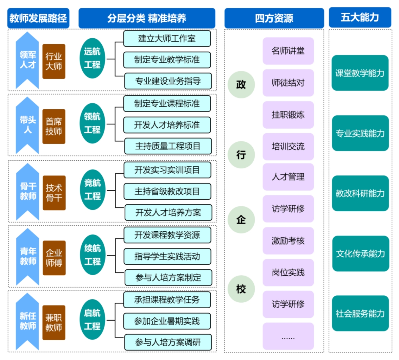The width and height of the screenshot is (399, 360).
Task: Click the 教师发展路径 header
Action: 38,18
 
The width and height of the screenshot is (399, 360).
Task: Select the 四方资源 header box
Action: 274,18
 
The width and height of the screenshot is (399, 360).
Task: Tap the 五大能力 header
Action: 360,17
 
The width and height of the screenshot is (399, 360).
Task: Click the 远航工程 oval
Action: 93,58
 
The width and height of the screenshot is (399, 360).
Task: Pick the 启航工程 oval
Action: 93,320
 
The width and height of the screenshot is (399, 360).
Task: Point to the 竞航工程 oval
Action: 93,189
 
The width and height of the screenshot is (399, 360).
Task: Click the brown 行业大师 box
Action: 54,61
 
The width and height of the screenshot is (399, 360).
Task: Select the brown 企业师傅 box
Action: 54,258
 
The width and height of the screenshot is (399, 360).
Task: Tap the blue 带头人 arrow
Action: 27,126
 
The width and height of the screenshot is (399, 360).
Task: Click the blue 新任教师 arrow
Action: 27,322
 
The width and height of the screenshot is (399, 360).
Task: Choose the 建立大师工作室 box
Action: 167,38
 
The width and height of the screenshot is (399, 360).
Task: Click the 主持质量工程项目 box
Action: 168,146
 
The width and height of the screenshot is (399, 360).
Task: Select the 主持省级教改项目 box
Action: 167,192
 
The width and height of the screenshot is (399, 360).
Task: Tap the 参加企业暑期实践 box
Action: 167,321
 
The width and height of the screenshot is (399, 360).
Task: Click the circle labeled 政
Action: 241,85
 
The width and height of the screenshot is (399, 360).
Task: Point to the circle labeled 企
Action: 241,220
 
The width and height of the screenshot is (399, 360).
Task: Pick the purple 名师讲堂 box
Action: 288,51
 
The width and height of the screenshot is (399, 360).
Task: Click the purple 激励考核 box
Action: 288,240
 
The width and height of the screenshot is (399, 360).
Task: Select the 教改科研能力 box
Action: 360,193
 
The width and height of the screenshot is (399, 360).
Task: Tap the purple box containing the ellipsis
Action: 288,336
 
